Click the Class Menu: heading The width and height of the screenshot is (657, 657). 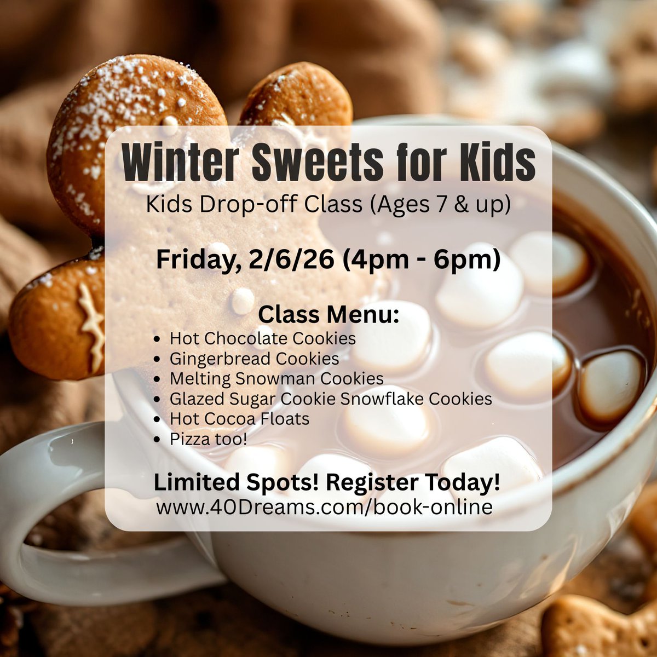(328, 315)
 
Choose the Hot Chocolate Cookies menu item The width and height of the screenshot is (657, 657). (263, 338)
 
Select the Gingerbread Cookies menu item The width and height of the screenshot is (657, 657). (254, 359)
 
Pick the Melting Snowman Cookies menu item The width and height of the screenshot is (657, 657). (276, 379)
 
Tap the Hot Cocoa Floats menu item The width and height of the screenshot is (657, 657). (239, 419)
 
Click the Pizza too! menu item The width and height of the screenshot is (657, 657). (209, 439)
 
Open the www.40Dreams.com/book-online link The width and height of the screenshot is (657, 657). (324, 507)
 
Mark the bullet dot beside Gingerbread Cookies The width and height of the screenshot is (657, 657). (158, 360)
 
